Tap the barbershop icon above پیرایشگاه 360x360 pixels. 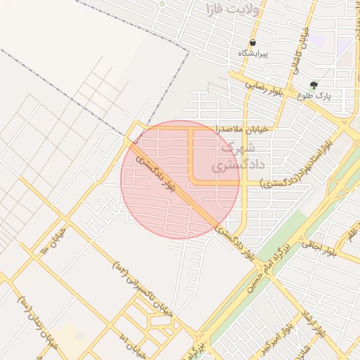[252, 43]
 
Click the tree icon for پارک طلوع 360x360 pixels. [314, 84]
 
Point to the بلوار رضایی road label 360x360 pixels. [266, 87]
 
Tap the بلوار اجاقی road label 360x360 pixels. [321, 247]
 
